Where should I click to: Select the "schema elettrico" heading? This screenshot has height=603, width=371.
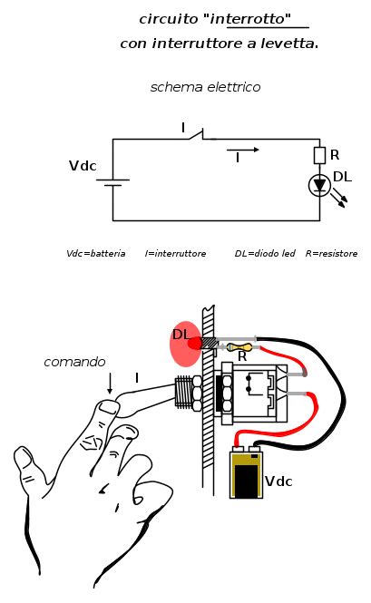206,88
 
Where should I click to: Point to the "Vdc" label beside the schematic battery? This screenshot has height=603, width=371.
83,166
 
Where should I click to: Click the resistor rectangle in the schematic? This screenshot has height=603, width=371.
319,155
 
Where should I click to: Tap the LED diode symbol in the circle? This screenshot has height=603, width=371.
319,185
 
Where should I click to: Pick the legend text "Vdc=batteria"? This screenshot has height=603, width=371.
95,253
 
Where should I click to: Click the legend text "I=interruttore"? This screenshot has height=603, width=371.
175,253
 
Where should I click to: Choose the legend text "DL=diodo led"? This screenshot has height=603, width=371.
264,253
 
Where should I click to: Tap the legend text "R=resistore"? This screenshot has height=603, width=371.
331,253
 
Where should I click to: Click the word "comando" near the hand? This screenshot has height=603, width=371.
73,362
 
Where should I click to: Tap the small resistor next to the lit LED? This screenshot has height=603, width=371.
241,346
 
